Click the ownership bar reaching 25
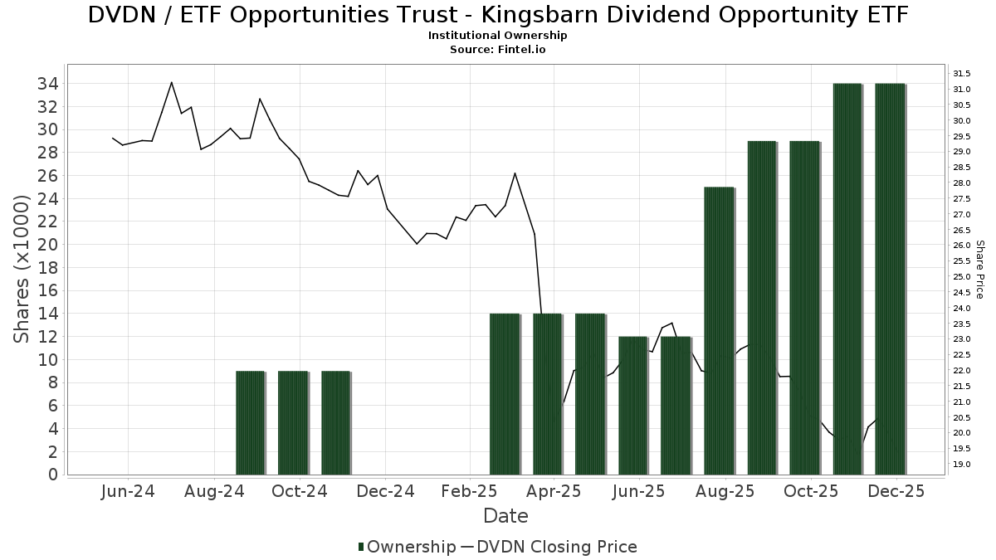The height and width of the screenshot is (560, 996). pyautogui.click(x=719, y=331)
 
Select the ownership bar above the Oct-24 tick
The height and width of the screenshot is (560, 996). pyautogui.click(x=293, y=423)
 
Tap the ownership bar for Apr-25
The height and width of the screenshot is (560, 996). pyautogui.click(x=548, y=394)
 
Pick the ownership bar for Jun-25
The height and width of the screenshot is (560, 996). pyautogui.click(x=633, y=406)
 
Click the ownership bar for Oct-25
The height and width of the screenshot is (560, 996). pyautogui.click(x=804, y=308)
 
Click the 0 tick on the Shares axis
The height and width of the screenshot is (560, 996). pyautogui.click(x=52, y=475)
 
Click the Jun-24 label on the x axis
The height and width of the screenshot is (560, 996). pyautogui.click(x=127, y=491)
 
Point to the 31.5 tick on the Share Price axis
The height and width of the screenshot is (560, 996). pyautogui.click(x=963, y=74)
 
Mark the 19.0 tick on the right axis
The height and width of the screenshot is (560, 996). pyautogui.click(x=963, y=464)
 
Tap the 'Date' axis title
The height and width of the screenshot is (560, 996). pyautogui.click(x=505, y=516)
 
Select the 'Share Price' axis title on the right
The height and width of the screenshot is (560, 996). pyautogui.click(x=979, y=269)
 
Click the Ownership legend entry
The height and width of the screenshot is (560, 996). pyautogui.click(x=407, y=547)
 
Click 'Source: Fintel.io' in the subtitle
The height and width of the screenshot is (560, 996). pyautogui.click(x=497, y=49)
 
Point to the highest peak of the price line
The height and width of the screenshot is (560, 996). pyautogui.click(x=172, y=82)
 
